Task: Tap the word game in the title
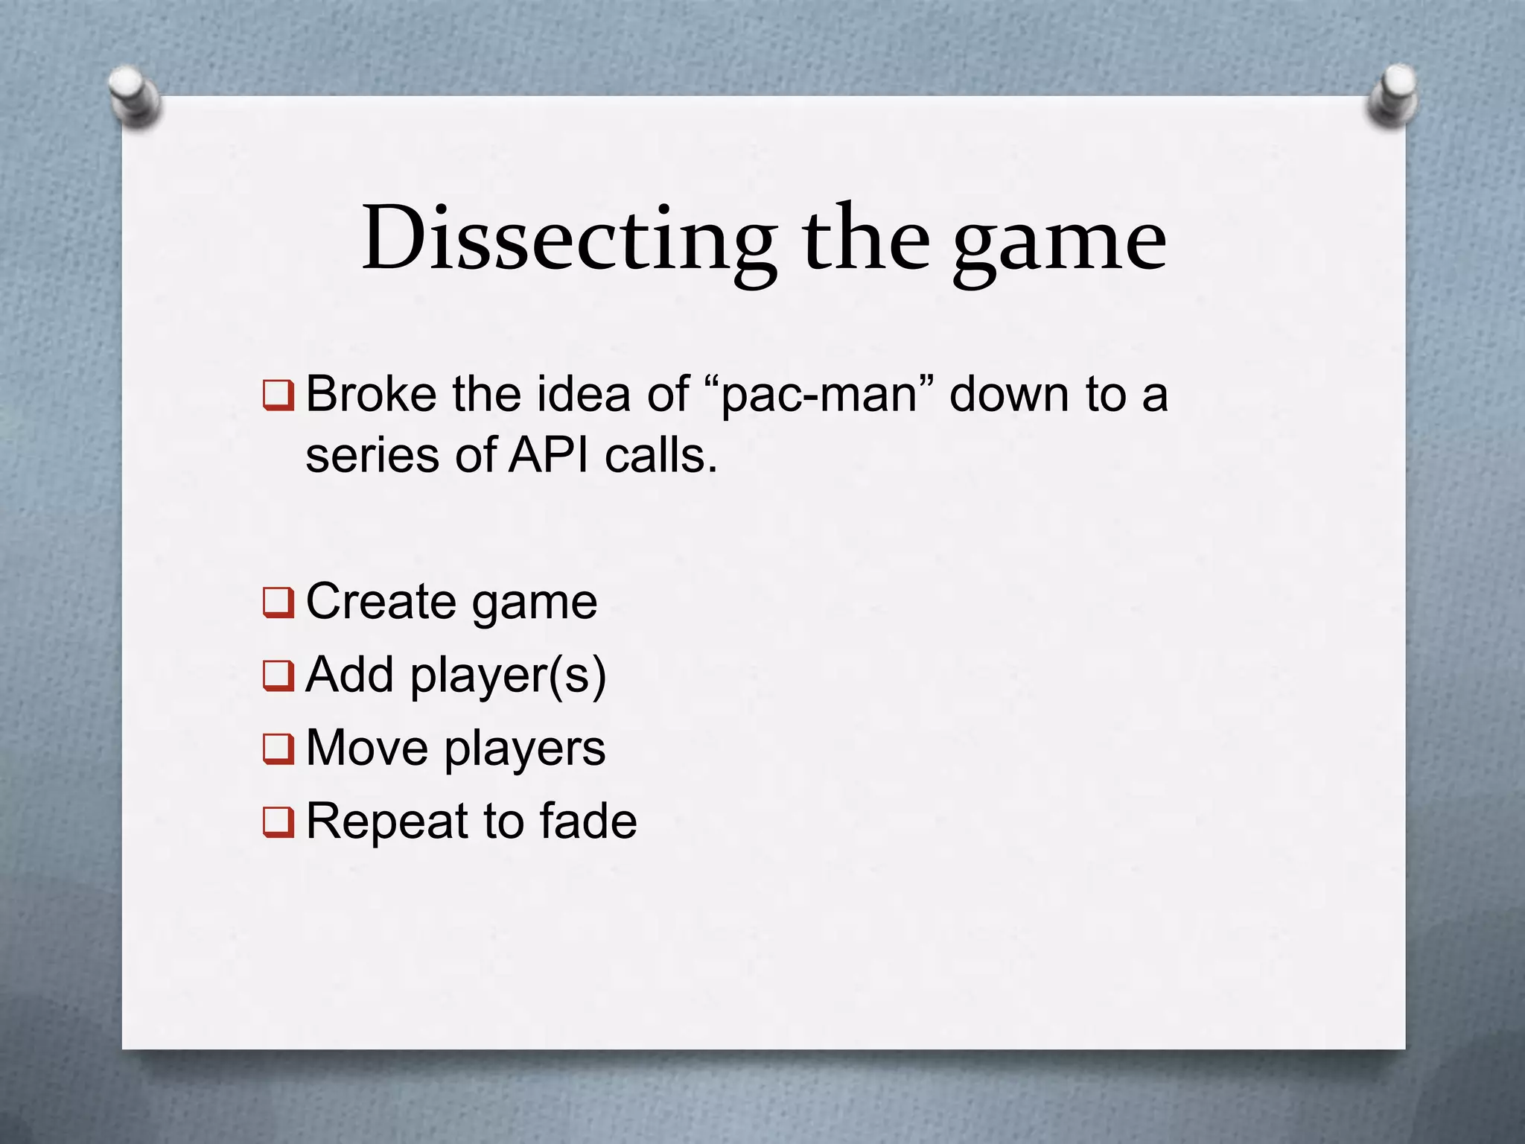pyautogui.click(x=1060, y=242)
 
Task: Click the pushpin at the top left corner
pyautogui.click(x=133, y=97)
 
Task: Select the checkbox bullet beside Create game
pyautogui.click(x=278, y=603)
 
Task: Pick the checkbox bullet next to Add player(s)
pyautogui.click(x=278, y=676)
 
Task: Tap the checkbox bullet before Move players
pyautogui.click(x=278, y=749)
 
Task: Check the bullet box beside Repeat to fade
pyautogui.click(x=278, y=822)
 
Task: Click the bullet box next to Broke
pyautogui.click(x=278, y=395)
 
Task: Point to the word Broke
pyautogui.click(x=371, y=394)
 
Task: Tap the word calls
pyautogui.click(x=660, y=455)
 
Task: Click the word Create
pyautogui.click(x=381, y=602)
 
